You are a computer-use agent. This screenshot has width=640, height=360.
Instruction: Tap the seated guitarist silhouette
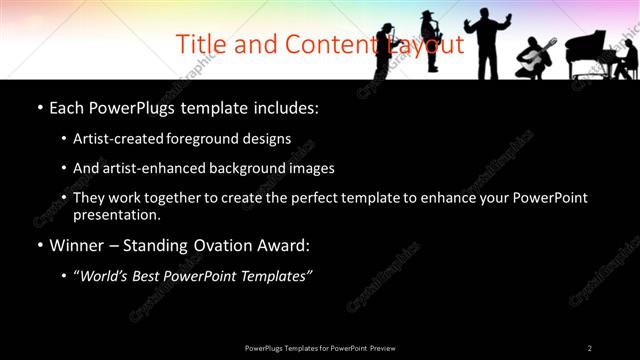(534, 59)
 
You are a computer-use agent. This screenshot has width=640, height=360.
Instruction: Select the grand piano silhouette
(590, 51)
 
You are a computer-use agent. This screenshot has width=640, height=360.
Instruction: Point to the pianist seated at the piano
(626, 59)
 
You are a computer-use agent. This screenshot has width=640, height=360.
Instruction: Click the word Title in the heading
(198, 45)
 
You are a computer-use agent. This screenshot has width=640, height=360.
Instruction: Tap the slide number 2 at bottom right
(589, 347)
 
